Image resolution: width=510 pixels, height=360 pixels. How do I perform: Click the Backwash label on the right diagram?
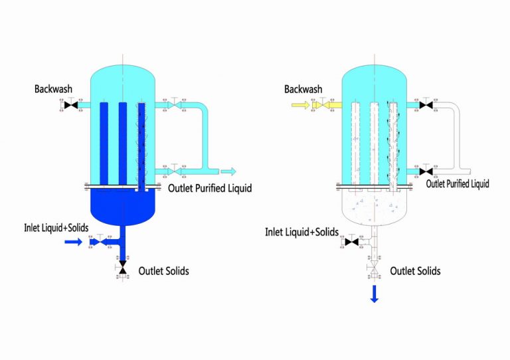pos(303,89)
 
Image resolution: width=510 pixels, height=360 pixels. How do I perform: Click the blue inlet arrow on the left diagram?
pos(73,242)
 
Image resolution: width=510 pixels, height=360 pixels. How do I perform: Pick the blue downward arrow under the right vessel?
pos(375,293)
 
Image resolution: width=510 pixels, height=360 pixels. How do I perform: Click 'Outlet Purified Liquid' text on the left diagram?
pos(210,189)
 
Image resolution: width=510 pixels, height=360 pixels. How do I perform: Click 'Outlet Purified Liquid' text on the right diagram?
pos(457,184)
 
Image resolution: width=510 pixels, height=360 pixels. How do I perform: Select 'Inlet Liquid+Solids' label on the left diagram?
pos(55,228)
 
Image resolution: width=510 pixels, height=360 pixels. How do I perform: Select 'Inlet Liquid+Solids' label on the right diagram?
pos(302,232)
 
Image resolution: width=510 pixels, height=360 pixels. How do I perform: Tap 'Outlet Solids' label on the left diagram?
pos(163,271)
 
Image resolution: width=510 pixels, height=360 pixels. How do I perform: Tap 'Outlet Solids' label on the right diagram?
pos(415,271)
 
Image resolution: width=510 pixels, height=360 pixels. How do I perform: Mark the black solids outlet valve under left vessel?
pos(122,267)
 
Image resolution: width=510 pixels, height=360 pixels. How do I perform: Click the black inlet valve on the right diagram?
pos(352,242)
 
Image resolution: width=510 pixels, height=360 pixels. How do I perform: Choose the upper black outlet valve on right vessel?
pos(426,105)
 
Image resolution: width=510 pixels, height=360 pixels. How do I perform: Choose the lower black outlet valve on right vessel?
pos(426,171)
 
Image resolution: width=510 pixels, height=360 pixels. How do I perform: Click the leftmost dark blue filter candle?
pos(104,143)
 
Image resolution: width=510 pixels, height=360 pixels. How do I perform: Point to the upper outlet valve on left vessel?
pos(173,105)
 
